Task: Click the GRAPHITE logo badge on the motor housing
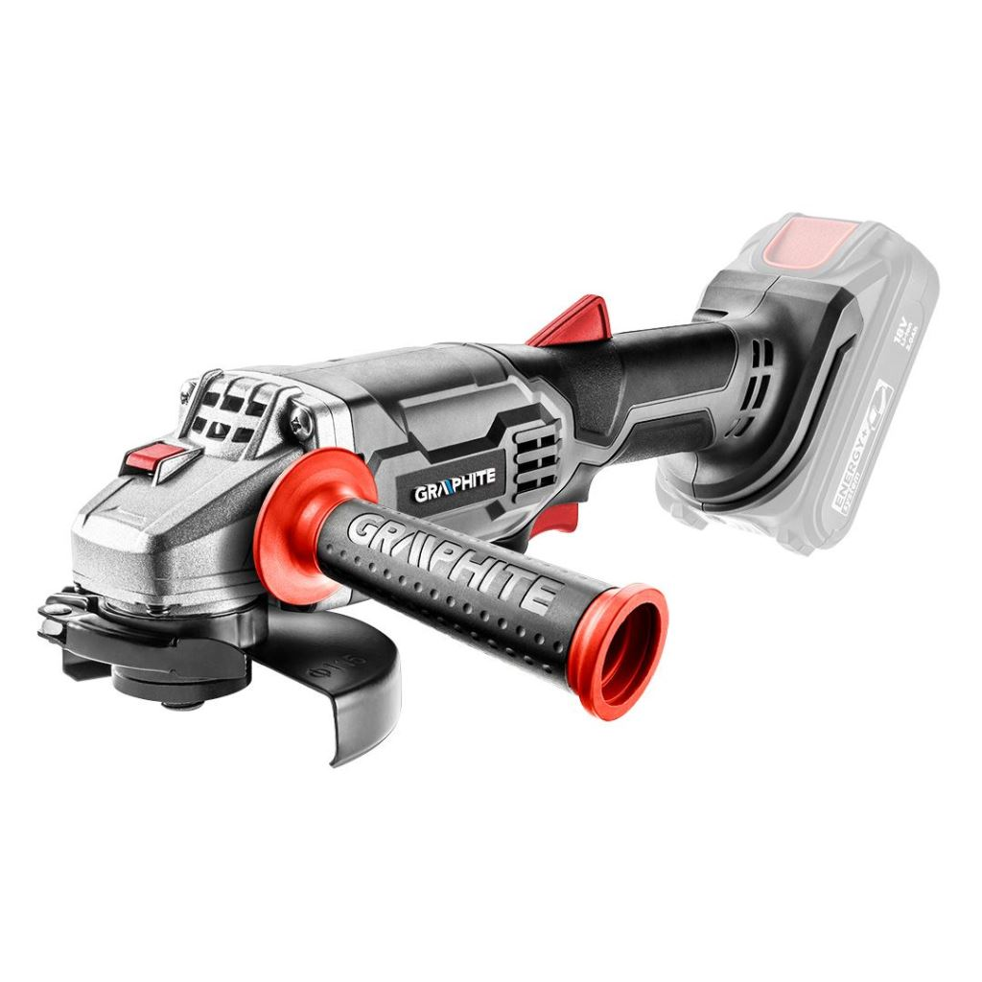tap(455, 493)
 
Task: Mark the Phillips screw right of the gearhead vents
tap(302, 417)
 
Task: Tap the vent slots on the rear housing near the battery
tap(763, 376)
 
